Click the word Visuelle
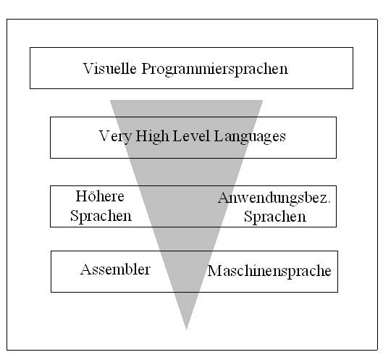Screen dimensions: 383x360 pyautogui.click(x=109, y=68)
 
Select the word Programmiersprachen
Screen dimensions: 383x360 pyautogui.click(x=215, y=70)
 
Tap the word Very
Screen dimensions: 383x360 pyautogui.click(x=116, y=137)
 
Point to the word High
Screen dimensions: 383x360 pyautogui.click(x=152, y=137)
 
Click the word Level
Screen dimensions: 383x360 pyautogui.click(x=191, y=136)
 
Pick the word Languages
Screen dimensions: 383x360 pyautogui.click(x=250, y=137)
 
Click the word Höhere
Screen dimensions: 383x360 pyautogui.click(x=100, y=196)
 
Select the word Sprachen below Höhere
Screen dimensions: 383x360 pyautogui.click(x=101, y=216)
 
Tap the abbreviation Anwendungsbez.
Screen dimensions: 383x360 pyautogui.click(x=274, y=198)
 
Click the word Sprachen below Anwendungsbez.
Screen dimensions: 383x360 pyautogui.click(x=275, y=217)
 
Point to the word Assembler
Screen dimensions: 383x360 pyautogui.click(x=115, y=269)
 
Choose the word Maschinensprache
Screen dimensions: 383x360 pyautogui.click(x=269, y=272)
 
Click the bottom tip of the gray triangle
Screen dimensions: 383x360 pyautogui.click(x=186, y=330)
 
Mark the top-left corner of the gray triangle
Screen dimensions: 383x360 pyautogui.click(x=110, y=100)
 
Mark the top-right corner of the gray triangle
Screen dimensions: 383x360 pyautogui.click(x=263, y=100)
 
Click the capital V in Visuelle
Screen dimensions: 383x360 pyautogui.click(x=88, y=68)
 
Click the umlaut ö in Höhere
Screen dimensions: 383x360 pyautogui.click(x=91, y=197)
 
